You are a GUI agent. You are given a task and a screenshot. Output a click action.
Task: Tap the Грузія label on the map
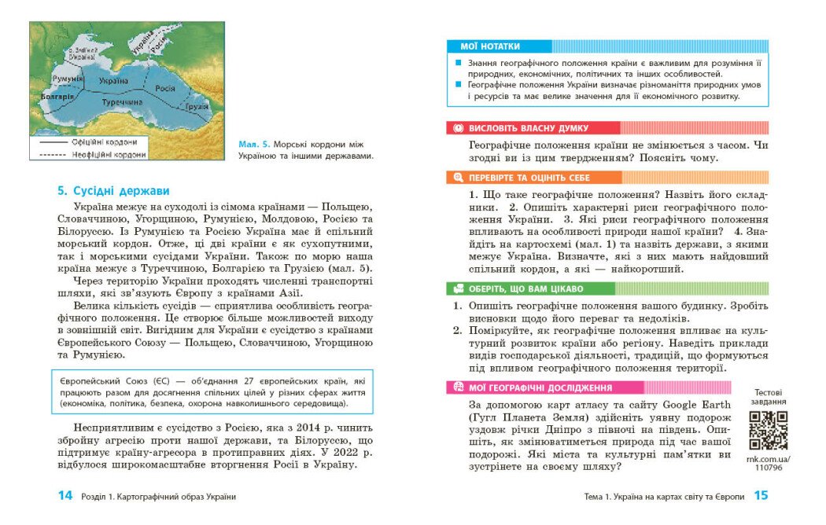(197, 106)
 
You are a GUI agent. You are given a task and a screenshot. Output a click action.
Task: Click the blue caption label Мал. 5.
(253, 145)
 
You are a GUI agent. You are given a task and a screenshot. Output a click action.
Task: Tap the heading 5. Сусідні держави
(113, 191)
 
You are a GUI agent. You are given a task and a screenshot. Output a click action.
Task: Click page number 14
(65, 496)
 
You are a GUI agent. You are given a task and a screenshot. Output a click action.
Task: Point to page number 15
(761, 496)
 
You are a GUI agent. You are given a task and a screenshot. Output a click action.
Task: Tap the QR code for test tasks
(768, 429)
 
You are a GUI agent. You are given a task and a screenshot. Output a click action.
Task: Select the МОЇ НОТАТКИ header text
(496, 46)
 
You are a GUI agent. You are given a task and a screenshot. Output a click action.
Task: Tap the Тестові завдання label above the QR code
(768, 397)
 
